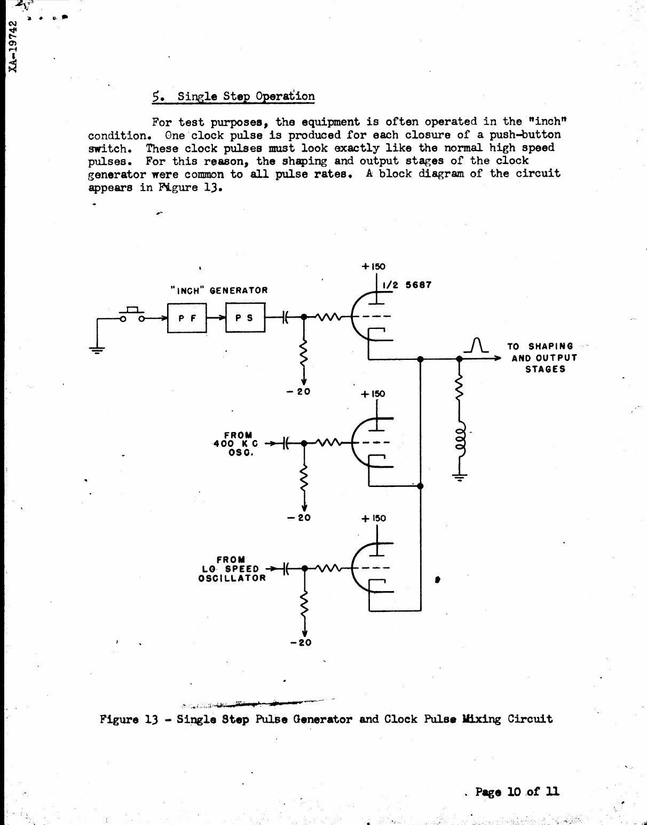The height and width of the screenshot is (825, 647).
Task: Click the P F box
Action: tap(187, 318)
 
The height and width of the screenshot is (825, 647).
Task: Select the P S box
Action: tap(245, 318)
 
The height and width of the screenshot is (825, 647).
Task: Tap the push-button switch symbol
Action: tap(132, 315)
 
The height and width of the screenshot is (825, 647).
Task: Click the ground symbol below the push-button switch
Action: tap(97, 350)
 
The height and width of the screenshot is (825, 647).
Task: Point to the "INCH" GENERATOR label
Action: tap(219, 290)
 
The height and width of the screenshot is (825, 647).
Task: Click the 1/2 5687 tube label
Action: tap(406, 285)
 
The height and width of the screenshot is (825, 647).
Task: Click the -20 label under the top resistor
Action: tap(298, 391)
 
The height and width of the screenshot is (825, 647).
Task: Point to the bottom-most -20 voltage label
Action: tap(301, 642)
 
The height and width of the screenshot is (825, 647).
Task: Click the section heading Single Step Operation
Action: tap(233, 97)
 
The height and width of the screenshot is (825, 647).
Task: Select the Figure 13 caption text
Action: tap(326, 719)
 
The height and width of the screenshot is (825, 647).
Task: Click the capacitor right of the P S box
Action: tap(285, 317)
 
